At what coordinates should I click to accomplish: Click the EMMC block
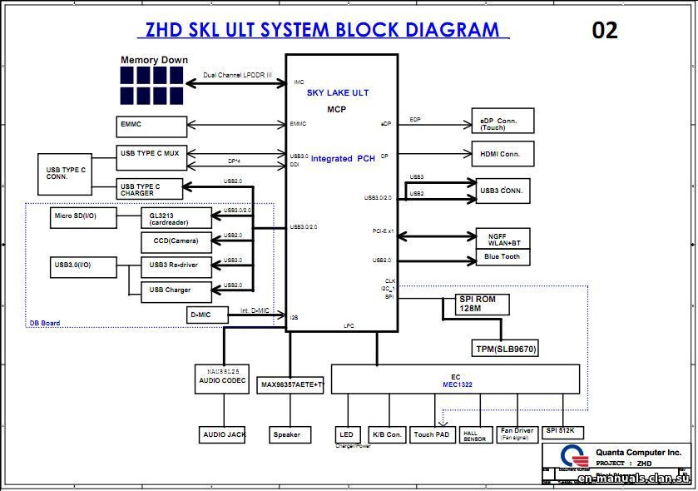click(152, 126)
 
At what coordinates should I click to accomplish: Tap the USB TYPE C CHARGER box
click(150, 190)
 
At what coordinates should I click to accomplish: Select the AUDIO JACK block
click(224, 434)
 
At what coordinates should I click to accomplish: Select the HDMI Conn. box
click(502, 154)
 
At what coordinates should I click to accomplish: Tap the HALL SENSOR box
click(475, 434)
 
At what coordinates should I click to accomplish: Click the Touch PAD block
click(433, 434)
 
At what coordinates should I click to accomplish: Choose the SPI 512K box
click(563, 432)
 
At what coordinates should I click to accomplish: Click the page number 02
click(605, 31)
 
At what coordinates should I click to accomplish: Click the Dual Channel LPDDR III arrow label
click(238, 76)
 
